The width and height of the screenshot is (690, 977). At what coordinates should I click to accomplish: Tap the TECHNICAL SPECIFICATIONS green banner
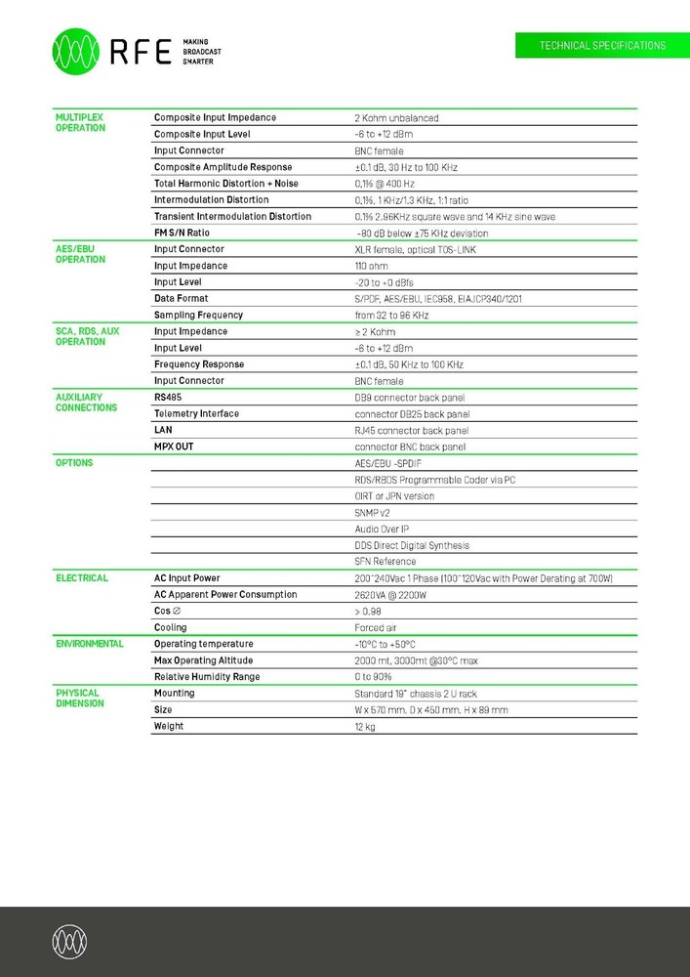click(602, 46)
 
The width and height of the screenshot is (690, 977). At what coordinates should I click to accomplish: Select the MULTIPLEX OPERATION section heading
click(80, 122)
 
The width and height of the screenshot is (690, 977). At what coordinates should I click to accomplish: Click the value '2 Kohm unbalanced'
click(396, 118)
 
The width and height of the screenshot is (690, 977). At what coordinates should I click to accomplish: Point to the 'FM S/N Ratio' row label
click(182, 233)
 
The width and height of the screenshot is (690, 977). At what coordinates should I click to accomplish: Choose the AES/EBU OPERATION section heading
click(80, 254)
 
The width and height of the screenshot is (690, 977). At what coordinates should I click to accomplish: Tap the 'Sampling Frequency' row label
click(198, 315)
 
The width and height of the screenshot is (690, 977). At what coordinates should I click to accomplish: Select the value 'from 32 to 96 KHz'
click(391, 316)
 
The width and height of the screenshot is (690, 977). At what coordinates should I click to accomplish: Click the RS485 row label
click(168, 398)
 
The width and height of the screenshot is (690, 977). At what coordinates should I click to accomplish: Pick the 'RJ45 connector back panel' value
click(411, 430)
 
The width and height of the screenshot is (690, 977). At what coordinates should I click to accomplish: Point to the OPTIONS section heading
click(74, 462)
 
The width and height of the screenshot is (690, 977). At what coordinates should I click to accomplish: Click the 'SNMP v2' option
click(372, 512)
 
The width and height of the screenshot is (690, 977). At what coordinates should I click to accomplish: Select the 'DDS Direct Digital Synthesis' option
click(411, 545)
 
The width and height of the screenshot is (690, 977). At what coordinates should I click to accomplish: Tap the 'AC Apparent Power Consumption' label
click(225, 594)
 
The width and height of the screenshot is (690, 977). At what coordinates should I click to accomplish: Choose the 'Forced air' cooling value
click(377, 627)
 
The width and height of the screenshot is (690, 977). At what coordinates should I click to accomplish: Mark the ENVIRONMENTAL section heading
click(90, 644)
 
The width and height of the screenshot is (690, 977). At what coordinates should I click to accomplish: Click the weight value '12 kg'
click(364, 727)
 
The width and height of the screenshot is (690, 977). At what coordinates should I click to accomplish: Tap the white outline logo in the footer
click(70, 942)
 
